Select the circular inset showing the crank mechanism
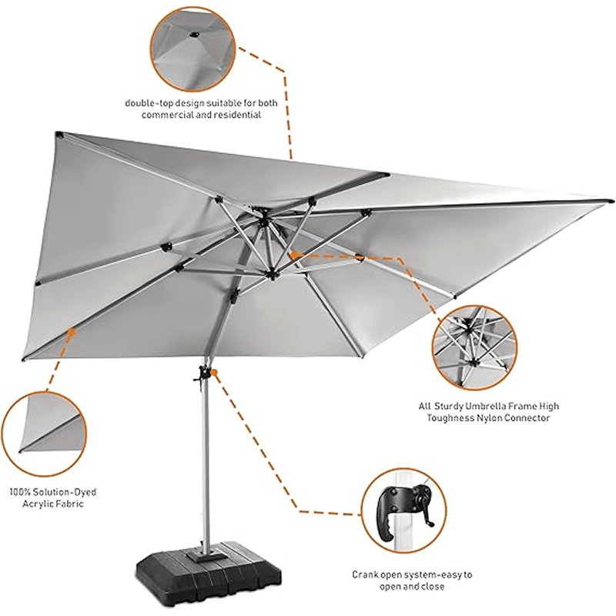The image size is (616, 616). (x=403, y=509)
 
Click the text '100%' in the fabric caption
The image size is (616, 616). (x=20, y=491)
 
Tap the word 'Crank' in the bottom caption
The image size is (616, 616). (x=367, y=574)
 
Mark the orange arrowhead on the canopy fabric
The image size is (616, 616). (x=71, y=332)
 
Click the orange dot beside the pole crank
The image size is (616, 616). (x=216, y=373)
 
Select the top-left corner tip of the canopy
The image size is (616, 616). (x=56, y=133)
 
